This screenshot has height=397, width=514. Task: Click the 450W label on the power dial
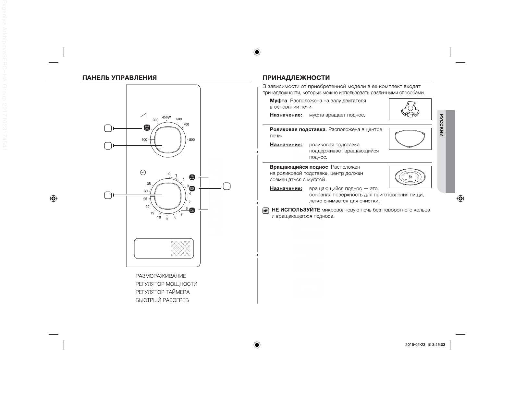[166, 117]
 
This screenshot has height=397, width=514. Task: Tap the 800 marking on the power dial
[192, 140]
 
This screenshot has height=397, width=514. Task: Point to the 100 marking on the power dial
[144, 140]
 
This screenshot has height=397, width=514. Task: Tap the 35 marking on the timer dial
[149, 184]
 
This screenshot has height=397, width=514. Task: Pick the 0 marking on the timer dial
[169, 174]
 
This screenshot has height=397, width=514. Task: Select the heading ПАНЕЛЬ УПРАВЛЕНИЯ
[119, 78]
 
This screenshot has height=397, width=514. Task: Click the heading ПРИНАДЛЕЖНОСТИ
[296, 78]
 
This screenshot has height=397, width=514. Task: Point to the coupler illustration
[410, 109]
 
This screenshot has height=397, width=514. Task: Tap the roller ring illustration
[410, 139]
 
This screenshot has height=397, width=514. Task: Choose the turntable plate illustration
[410, 177]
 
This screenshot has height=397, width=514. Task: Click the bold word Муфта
[278, 101]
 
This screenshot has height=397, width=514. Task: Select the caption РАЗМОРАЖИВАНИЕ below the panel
[161, 276]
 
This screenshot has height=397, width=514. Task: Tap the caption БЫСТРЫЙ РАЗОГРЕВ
[162, 300]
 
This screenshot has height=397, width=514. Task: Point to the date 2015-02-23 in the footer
[415, 345]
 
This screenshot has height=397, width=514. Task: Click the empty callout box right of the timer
[226, 186]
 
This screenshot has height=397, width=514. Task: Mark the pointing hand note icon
[266, 211]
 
